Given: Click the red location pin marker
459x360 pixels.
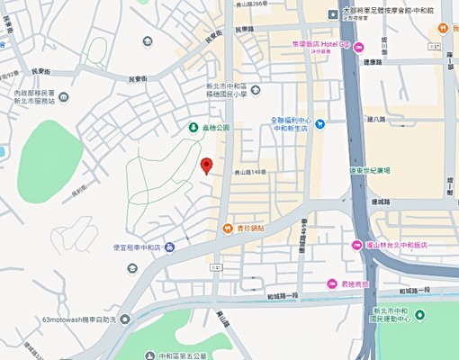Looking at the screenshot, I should tap(206, 166).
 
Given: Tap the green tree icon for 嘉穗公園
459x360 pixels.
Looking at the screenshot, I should tap(193, 128).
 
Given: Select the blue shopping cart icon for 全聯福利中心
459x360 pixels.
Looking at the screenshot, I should tap(319, 123).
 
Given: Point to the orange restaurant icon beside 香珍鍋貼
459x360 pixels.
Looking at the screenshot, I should tap(228, 229).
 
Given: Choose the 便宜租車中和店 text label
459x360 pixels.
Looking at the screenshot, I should tap(136, 247).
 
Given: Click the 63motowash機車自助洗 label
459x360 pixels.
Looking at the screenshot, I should tap(79, 319).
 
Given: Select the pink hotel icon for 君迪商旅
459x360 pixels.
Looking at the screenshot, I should tap(332, 283).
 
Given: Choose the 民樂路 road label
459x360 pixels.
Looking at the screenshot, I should tap(245, 28).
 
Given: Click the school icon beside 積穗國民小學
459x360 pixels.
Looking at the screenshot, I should tap(256, 88).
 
